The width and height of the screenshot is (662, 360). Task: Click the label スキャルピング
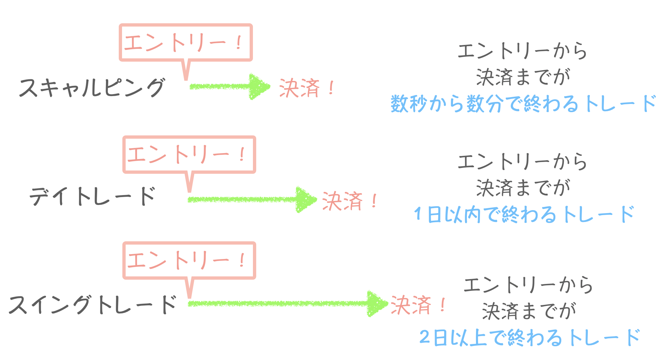[92, 88]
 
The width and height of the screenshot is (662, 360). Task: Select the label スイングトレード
[93, 304]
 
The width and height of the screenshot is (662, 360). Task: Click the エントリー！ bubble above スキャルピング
[185, 43]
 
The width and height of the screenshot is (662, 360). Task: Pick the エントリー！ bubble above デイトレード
[189, 154]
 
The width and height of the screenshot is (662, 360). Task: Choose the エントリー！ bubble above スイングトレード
[189, 260]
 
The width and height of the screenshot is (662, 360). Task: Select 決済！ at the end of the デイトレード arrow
[350, 201]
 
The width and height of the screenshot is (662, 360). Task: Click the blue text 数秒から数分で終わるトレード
[523, 104]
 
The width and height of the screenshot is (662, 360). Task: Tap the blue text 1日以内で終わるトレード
[524, 214]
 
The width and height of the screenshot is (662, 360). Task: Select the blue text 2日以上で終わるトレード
[529, 337]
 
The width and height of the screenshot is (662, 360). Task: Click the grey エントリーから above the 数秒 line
[522, 51]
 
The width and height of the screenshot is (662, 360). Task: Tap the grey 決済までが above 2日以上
[529, 311]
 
